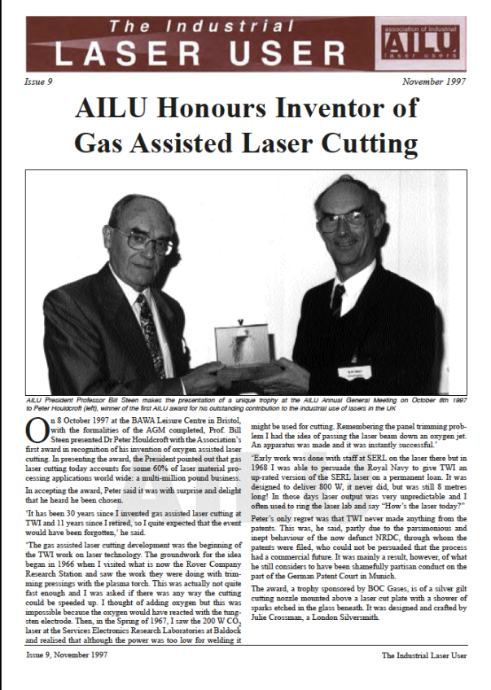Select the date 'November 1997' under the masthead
[435, 82]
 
